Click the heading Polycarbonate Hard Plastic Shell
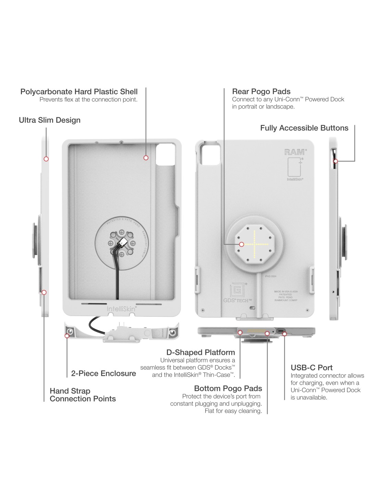pyautogui.click(x=79, y=92)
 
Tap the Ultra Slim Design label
pyautogui.click(x=50, y=120)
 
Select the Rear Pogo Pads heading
pyautogui.click(x=261, y=92)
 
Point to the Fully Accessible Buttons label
pyautogui.click(x=304, y=128)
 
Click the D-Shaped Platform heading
pyautogui.click(x=200, y=352)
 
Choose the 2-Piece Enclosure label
pyautogui.click(x=104, y=373)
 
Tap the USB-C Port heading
pyautogui.click(x=312, y=368)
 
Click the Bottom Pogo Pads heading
pyautogui.click(x=228, y=388)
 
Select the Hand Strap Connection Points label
pyautogui.click(x=83, y=395)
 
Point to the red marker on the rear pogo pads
pyautogui.click(x=242, y=244)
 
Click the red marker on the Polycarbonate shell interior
pyautogui.click(x=146, y=158)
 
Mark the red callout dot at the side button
pyautogui.click(x=336, y=161)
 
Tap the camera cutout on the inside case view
pyautogui.click(x=166, y=155)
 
